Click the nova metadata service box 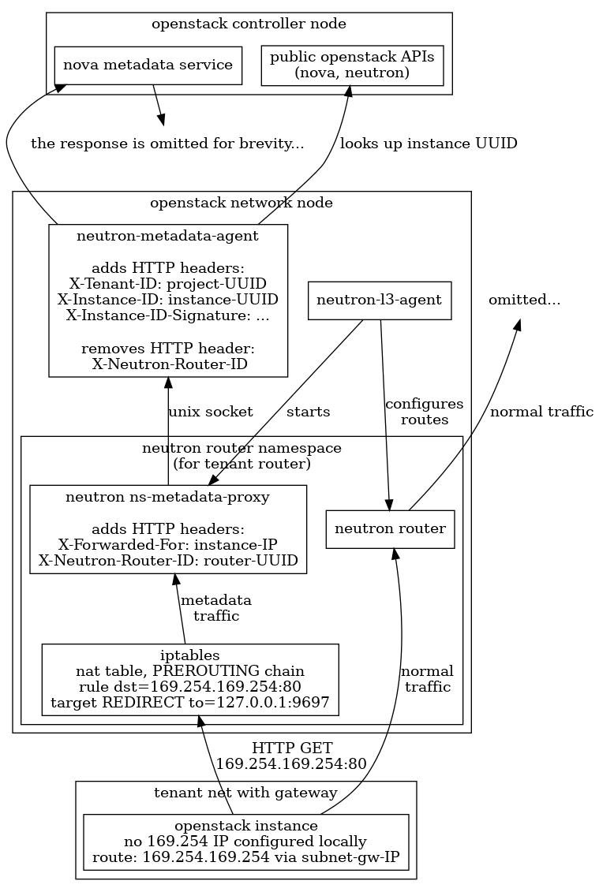pos(148,65)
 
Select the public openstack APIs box pos(352,65)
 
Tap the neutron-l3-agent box pos(379,300)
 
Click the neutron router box pos(391,528)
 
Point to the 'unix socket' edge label pos(211,412)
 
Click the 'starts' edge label pos(308,412)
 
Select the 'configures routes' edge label pos(424,412)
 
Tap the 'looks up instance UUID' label pos(428,144)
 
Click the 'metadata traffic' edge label pos(216,608)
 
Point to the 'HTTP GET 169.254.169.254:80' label pos(291,756)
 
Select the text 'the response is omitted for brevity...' pos(167,144)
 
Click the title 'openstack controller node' pos(249,24)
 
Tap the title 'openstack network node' pos(241,203)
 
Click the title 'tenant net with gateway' pos(245,793)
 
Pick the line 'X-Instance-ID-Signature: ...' pos(168,315)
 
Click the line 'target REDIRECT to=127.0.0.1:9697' pos(190,701)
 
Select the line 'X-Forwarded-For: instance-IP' pos(167,544)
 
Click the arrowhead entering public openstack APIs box pos(347,91)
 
